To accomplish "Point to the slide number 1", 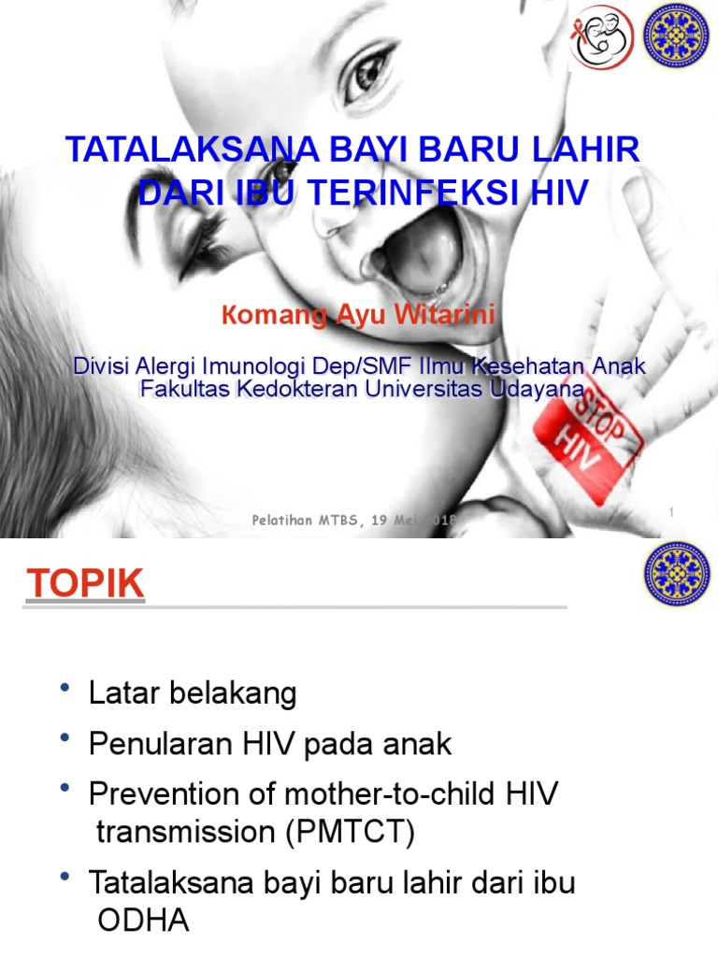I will pos(671,510).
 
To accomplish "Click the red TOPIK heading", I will pos(86,584).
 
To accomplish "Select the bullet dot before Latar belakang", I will pos(65,689).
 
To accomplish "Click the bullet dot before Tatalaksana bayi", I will pos(65,878).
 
